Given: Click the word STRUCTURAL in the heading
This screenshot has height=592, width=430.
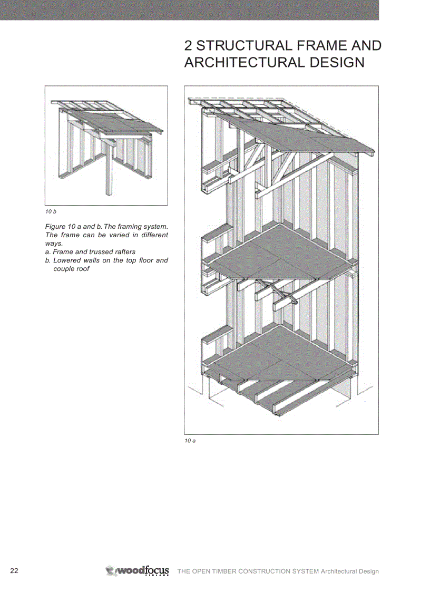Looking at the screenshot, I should tap(247, 45).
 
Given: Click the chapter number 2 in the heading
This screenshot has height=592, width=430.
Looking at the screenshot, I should tap(188, 45).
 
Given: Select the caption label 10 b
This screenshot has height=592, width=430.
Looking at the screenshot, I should tap(51, 211).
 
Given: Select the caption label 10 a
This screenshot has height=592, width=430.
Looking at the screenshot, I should tap(190, 440).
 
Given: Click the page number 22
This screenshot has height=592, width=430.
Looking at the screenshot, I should tap(14, 571).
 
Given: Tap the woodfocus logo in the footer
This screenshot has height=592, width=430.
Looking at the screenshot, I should tap(138, 571).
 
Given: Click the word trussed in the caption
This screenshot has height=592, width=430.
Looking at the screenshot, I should tap(103, 252).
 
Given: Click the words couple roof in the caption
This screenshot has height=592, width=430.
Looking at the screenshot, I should tap(71, 269).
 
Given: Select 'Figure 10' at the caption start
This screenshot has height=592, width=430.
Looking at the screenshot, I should tap(60, 227).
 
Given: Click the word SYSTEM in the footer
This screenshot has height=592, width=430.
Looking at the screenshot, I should tap(306, 571).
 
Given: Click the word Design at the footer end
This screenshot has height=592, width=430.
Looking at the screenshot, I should tap(368, 571).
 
